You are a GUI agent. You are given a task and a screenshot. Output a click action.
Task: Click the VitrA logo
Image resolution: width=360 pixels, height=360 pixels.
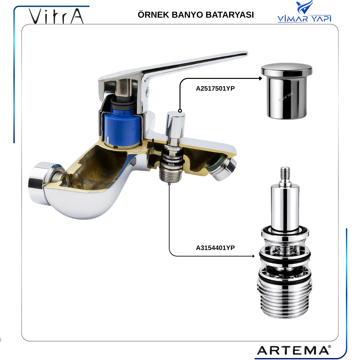click(x=56, y=16)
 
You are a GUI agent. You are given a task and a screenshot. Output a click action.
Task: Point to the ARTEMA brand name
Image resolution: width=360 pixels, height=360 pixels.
click(x=294, y=350)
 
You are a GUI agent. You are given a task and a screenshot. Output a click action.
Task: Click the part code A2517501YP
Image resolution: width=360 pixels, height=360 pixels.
click(x=215, y=88)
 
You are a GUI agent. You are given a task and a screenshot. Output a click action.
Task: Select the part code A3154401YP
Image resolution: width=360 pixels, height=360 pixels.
click(x=215, y=248)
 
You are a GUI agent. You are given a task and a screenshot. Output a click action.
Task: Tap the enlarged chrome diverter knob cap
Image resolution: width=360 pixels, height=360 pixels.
click(x=287, y=91)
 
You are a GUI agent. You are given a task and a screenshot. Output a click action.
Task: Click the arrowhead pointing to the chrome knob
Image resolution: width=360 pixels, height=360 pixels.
click(x=261, y=78)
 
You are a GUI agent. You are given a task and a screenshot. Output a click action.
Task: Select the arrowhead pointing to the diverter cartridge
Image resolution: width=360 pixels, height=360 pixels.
click(x=253, y=256)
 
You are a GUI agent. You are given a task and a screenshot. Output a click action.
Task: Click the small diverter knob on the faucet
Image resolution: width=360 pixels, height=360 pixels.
click(x=176, y=124)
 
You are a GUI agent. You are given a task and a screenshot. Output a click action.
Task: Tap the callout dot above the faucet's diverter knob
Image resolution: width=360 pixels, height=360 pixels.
click(x=180, y=111)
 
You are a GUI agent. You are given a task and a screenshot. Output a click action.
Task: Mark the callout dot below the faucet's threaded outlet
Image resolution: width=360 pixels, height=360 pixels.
click(x=169, y=184)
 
